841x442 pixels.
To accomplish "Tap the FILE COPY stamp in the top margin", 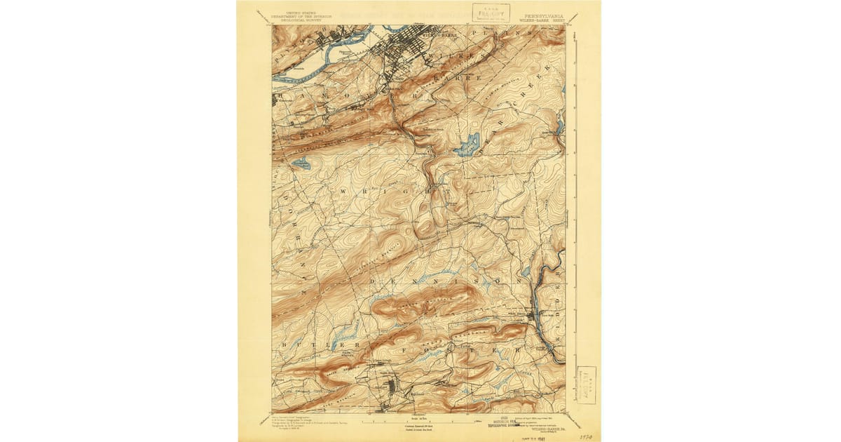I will pos(491,12).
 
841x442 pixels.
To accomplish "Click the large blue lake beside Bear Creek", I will pos(466,145).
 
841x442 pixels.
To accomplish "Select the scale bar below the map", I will pos(417,422).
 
